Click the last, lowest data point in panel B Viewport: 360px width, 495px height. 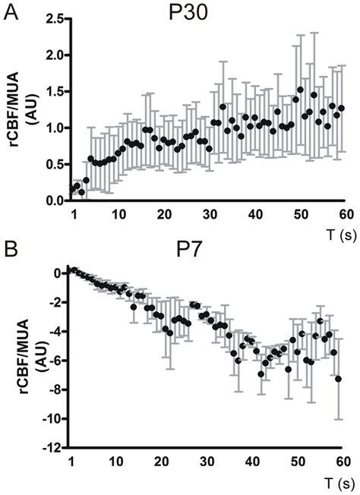coord(338,379)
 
